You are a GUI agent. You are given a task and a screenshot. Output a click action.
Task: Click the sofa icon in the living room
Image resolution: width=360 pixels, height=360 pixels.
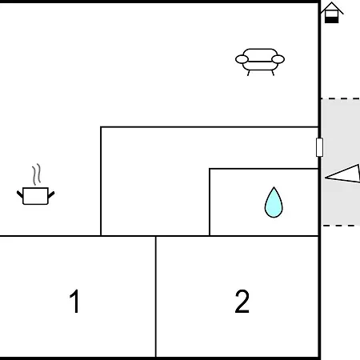(260, 62)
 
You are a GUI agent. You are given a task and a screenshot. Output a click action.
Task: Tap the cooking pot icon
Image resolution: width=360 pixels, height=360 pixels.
(36, 196)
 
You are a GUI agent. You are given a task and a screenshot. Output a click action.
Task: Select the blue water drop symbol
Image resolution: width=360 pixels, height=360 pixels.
(274, 202)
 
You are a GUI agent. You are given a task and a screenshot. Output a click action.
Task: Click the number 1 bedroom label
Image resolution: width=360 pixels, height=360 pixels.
(75, 301)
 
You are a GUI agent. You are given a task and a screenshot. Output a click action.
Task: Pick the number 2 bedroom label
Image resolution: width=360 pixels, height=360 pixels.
(242, 302)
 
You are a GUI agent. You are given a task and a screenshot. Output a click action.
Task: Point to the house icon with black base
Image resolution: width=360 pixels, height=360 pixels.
(332, 13)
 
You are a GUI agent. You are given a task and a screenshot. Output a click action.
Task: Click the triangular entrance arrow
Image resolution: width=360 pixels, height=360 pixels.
(342, 174)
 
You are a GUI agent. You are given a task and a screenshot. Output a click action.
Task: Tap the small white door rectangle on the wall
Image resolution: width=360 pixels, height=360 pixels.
(319, 147)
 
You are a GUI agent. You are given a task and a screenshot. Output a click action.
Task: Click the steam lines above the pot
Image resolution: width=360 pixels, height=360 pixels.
(37, 174)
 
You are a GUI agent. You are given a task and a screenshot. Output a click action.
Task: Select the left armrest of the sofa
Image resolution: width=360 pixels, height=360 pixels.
(242, 59)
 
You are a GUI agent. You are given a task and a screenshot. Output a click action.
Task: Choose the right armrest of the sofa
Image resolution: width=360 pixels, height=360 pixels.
(278, 59)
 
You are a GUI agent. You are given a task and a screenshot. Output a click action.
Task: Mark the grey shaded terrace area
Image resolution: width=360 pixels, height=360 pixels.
(341, 162)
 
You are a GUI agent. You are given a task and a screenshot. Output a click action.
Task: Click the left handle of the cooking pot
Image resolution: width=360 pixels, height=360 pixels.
(20, 194)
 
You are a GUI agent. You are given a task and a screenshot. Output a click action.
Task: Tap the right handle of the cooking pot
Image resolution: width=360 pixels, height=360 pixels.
(51, 194)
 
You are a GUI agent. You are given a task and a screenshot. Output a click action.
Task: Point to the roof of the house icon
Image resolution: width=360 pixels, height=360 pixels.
(332, 8)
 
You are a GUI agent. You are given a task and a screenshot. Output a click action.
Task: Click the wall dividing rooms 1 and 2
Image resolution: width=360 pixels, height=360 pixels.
(156, 297)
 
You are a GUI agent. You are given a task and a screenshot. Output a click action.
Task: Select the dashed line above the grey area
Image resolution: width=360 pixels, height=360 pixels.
(341, 98)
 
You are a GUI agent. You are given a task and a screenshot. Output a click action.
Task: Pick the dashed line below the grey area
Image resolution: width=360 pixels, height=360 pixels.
(341, 226)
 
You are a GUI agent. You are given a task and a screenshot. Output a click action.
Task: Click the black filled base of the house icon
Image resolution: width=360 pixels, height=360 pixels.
(332, 20)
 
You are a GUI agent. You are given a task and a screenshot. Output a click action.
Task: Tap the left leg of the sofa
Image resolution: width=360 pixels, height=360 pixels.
(249, 73)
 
